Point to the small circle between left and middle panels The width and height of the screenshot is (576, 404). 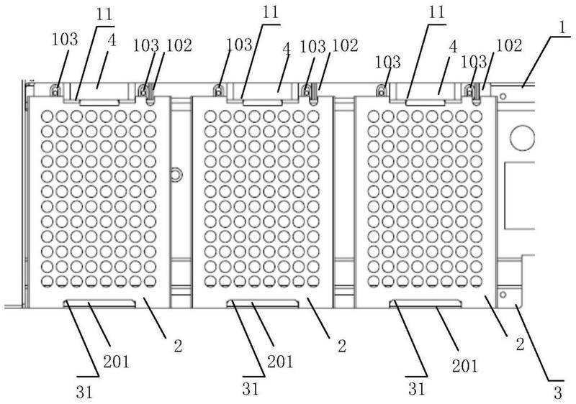click(x=175, y=173)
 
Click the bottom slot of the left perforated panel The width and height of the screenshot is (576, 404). click(x=99, y=303)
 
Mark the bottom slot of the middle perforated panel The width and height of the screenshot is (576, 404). click(x=262, y=303)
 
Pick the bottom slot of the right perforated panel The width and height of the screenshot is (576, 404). click(x=425, y=303)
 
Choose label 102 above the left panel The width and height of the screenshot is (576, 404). click(x=177, y=45)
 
